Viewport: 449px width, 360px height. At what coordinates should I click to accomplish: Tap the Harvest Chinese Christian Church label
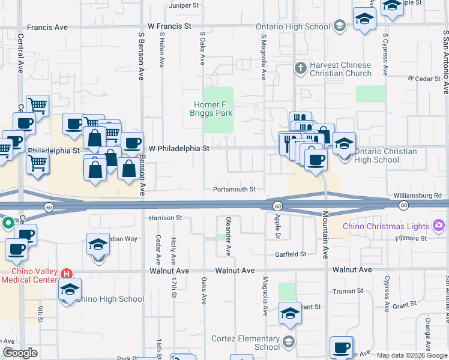[340, 69]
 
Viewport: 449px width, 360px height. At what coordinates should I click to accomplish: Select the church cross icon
[301, 68]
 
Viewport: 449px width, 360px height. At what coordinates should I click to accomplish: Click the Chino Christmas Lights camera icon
[439, 226]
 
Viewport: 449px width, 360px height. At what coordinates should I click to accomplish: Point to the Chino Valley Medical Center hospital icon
[67, 274]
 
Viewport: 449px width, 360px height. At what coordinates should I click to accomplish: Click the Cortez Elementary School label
[246, 342]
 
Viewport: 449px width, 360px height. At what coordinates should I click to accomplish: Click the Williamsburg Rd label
[418, 196]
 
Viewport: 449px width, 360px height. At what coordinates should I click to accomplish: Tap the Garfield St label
[291, 254]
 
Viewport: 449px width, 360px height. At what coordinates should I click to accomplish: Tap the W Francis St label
[169, 26]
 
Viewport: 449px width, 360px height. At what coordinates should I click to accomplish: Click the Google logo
[19, 353]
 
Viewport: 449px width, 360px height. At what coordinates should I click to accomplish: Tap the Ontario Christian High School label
[377, 155]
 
